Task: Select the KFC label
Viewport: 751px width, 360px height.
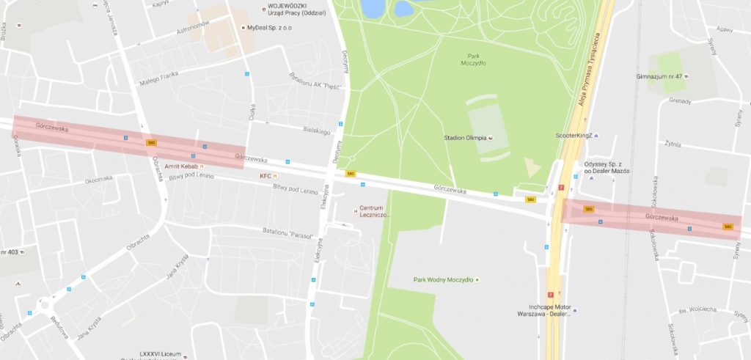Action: pyautogui.click(x=265, y=177)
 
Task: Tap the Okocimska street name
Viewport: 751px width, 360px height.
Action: pyautogui.click(x=98, y=179)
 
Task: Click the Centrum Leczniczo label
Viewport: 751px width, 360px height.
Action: pyautogui.click(x=373, y=210)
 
